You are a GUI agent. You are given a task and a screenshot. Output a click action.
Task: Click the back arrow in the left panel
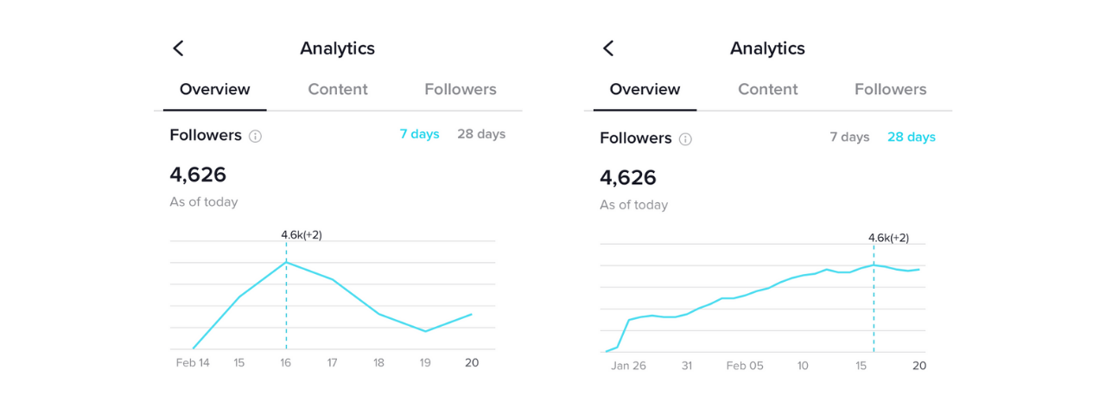pos(178,48)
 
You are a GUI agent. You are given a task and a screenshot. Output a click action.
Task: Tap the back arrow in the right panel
pos(608,48)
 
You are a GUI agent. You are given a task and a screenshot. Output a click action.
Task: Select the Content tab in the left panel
pos(338,89)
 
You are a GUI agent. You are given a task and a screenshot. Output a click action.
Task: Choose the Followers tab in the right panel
pos(890,89)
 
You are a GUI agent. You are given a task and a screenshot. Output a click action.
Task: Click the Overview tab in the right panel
pos(645,89)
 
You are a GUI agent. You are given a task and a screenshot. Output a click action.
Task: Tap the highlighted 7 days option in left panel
pos(419,134)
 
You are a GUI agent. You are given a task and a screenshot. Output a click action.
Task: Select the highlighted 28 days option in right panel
pos(911,137)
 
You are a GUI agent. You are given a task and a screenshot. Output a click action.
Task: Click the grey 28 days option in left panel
pos(481,134)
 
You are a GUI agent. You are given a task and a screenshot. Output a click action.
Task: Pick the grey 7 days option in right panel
pos(849,137)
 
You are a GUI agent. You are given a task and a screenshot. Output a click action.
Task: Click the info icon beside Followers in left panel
pos(255,136)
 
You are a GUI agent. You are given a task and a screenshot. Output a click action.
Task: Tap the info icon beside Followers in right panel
pos(685,139)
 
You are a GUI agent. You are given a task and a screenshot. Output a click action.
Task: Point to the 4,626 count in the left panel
pos(198,175)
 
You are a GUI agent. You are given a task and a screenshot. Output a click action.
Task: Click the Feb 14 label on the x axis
pos(193,363)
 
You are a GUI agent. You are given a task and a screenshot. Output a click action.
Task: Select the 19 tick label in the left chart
pos(425,363)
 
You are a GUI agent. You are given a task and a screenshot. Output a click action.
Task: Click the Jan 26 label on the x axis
pos(628,366)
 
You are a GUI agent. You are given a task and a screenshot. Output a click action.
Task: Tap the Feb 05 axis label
pos(745,366)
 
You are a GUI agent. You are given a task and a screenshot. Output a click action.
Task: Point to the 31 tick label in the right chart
pos(687,366)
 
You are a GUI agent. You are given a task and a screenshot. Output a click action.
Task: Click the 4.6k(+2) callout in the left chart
pos(302,235)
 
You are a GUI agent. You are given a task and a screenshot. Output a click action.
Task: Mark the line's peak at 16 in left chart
pos(286,262)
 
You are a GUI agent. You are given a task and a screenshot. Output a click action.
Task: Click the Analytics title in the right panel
pos(767,48)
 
